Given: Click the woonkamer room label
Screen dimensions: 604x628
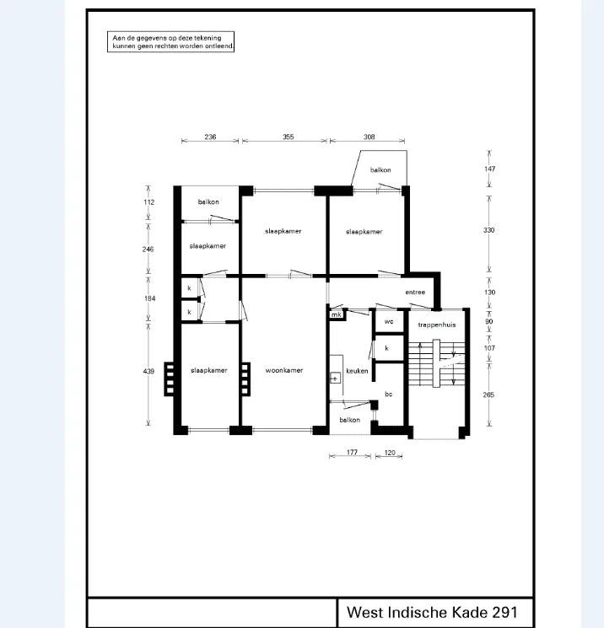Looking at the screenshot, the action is pyautogui.click(x=284, y=370).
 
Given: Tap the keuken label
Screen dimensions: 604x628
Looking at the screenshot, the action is pyautogui.click(x=357, y=371).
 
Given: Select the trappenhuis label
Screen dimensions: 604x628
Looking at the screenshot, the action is pyautogui.click(x=437, y=325).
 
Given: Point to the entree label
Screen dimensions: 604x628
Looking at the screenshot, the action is pyautogui.click(x=415, y=293).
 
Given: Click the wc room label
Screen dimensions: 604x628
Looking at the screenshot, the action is pyautogui.click(x=389, y=322).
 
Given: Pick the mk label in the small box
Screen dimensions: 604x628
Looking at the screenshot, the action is pyautogui.click(x=337, y=314).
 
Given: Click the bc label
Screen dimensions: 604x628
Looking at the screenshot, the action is pyautogui.click(x=388, y=395).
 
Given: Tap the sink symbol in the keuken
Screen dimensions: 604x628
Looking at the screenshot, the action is pyautogui.click(x=336, y=378).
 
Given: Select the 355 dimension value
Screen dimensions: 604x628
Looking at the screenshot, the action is pyautogui.click(x=289, y=137).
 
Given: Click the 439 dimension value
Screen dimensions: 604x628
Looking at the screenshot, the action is pyautogui.click(x=148, y=371).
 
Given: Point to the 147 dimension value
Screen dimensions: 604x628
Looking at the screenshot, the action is pyautogui.click(x=490, y=169).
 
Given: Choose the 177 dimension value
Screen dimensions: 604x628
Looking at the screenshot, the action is pyautogui.click(x=352, y=452).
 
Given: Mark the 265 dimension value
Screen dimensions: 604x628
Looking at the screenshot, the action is pyautogui.click(x=488, y=395).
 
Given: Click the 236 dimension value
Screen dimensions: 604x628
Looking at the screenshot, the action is pyautogui.click(x=210, y=137).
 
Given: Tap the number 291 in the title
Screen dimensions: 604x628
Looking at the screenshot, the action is pyautogui.click(x=505, y=612).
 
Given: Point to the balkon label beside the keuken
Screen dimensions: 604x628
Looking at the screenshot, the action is pyautogui.click(x=350, y=420).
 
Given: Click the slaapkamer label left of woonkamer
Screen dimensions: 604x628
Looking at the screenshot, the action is pyautogui.click(x=209, y=370).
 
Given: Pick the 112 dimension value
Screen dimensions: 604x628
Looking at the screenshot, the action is pyautogui.click(x=149, y=202).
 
